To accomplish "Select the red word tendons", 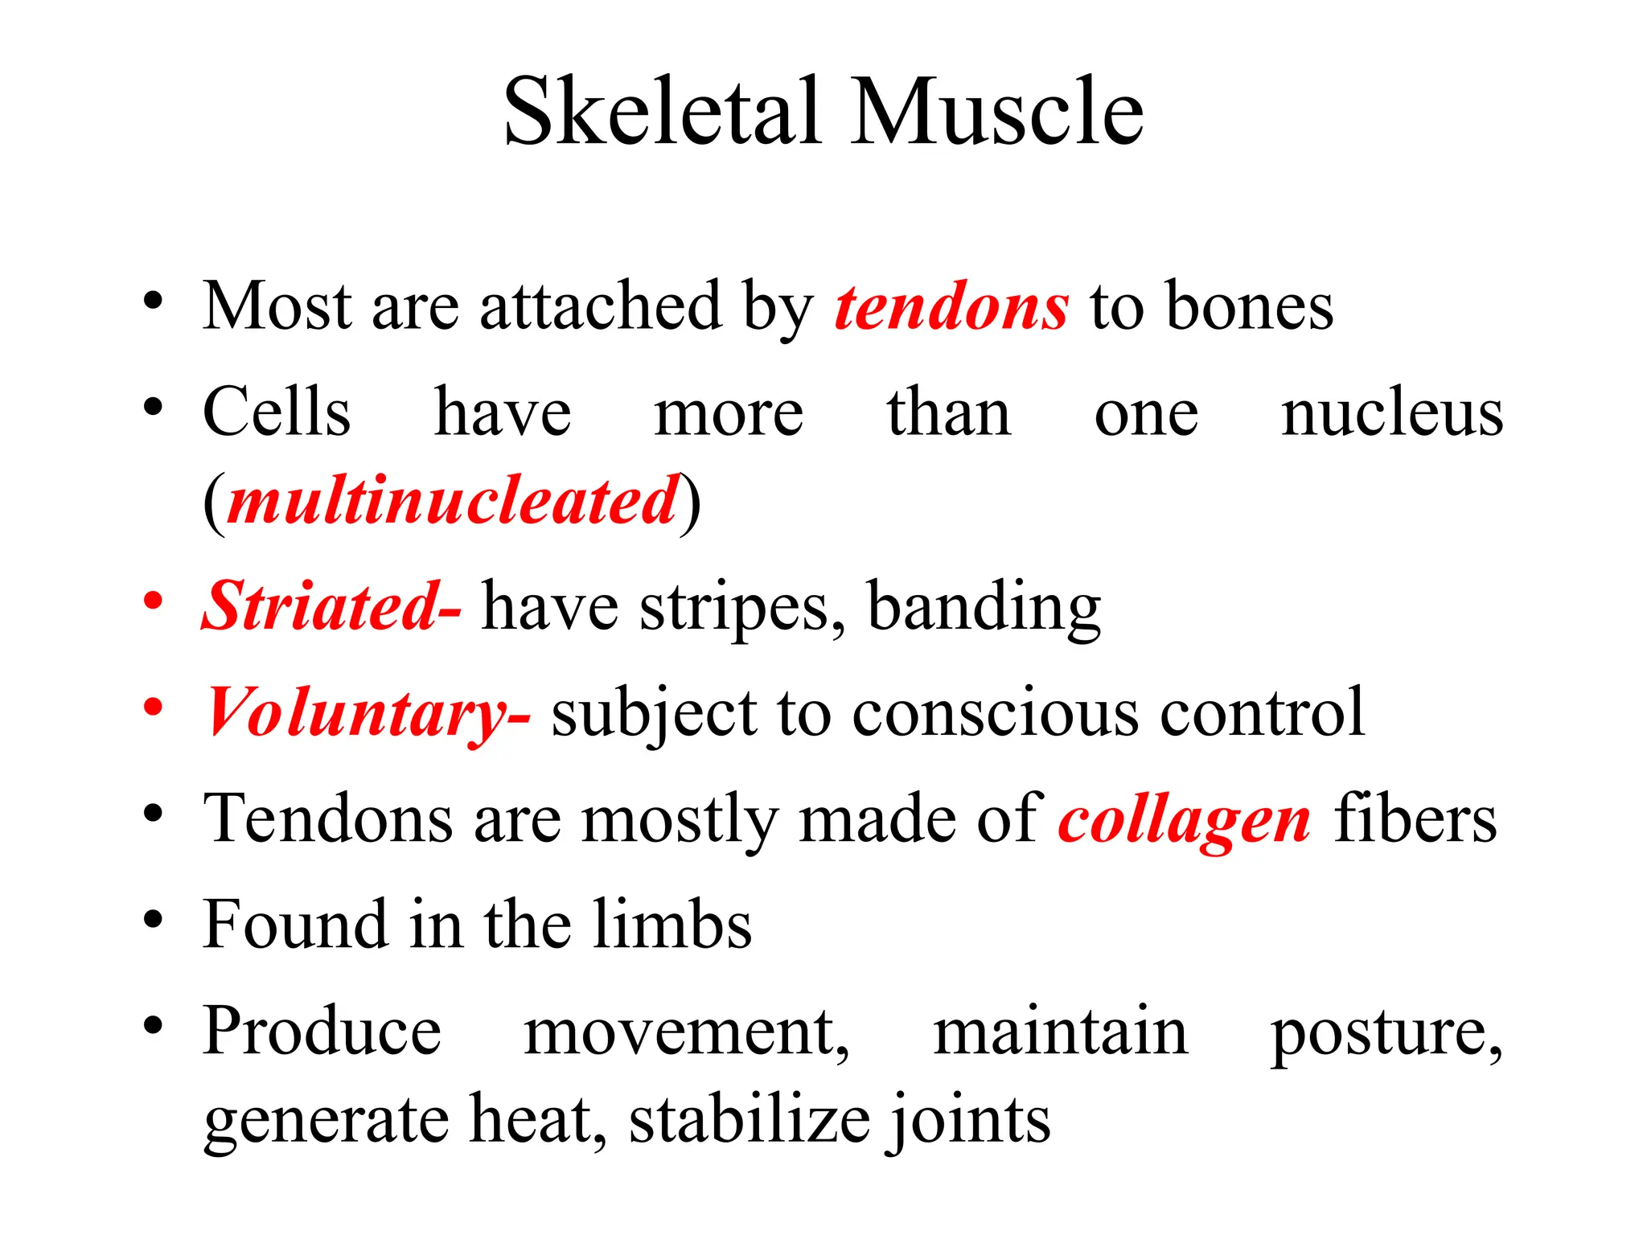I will coord(951,308).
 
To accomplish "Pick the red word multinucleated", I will coord(454,502).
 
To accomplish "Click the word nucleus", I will coord(1391,413).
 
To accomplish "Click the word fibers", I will coord(1415,820).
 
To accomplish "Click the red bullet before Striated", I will coord(153,600).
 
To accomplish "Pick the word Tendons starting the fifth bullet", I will coord(328,820).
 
